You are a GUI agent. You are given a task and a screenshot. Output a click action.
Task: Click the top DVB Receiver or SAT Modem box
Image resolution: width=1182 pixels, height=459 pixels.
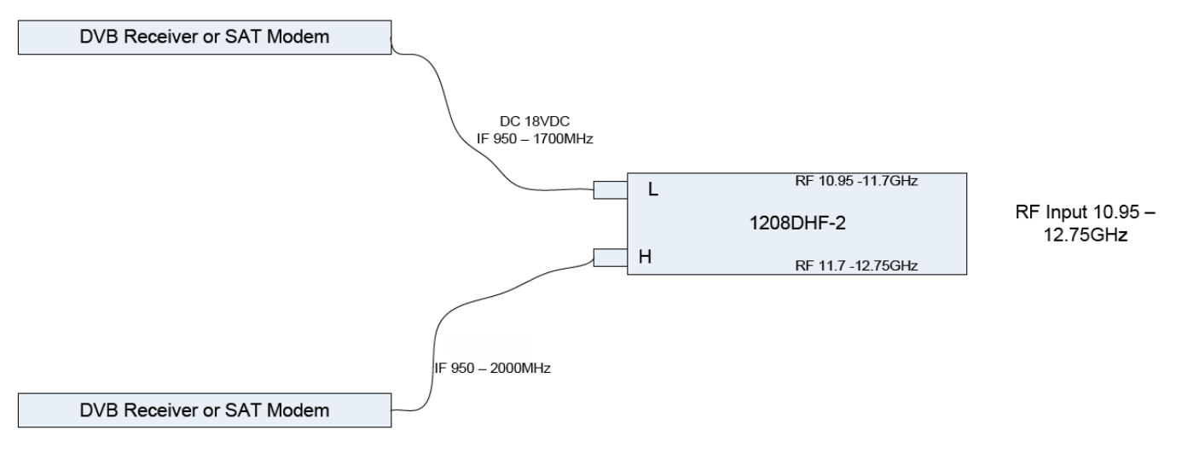coord(205,38)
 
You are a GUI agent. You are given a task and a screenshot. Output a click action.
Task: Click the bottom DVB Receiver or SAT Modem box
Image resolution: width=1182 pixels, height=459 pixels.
coord(205,410)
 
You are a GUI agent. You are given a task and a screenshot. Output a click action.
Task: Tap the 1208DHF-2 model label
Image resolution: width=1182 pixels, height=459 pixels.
coord(797,223)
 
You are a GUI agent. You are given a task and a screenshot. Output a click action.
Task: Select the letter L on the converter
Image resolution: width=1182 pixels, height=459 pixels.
coord(652,189)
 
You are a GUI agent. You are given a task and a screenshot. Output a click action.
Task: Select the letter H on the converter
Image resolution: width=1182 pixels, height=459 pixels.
coord(646,257)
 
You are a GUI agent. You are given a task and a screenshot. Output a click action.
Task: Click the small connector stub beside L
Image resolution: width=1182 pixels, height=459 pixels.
coord(611,190)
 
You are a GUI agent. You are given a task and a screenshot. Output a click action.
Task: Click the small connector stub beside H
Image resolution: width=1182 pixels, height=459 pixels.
coord(611,258)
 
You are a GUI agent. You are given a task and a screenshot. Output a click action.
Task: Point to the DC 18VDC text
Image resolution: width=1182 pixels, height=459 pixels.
coord(535,121)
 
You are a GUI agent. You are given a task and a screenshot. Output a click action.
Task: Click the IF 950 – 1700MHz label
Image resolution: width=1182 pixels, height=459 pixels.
coord(535,139)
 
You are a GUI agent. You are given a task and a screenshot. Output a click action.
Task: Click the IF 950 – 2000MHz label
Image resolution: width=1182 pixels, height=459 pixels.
coord(492,369)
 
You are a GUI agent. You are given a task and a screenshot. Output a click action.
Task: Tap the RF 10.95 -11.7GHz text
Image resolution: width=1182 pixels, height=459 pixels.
coord(856,181)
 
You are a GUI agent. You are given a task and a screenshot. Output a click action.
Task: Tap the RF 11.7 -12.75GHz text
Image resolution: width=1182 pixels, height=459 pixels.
coord(856,265)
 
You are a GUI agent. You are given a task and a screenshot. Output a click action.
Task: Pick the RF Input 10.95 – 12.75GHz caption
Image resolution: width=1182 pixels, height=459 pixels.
coord(1085,223)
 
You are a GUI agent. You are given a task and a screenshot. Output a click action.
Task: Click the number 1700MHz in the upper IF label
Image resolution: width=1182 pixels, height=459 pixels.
coord(563,139)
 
